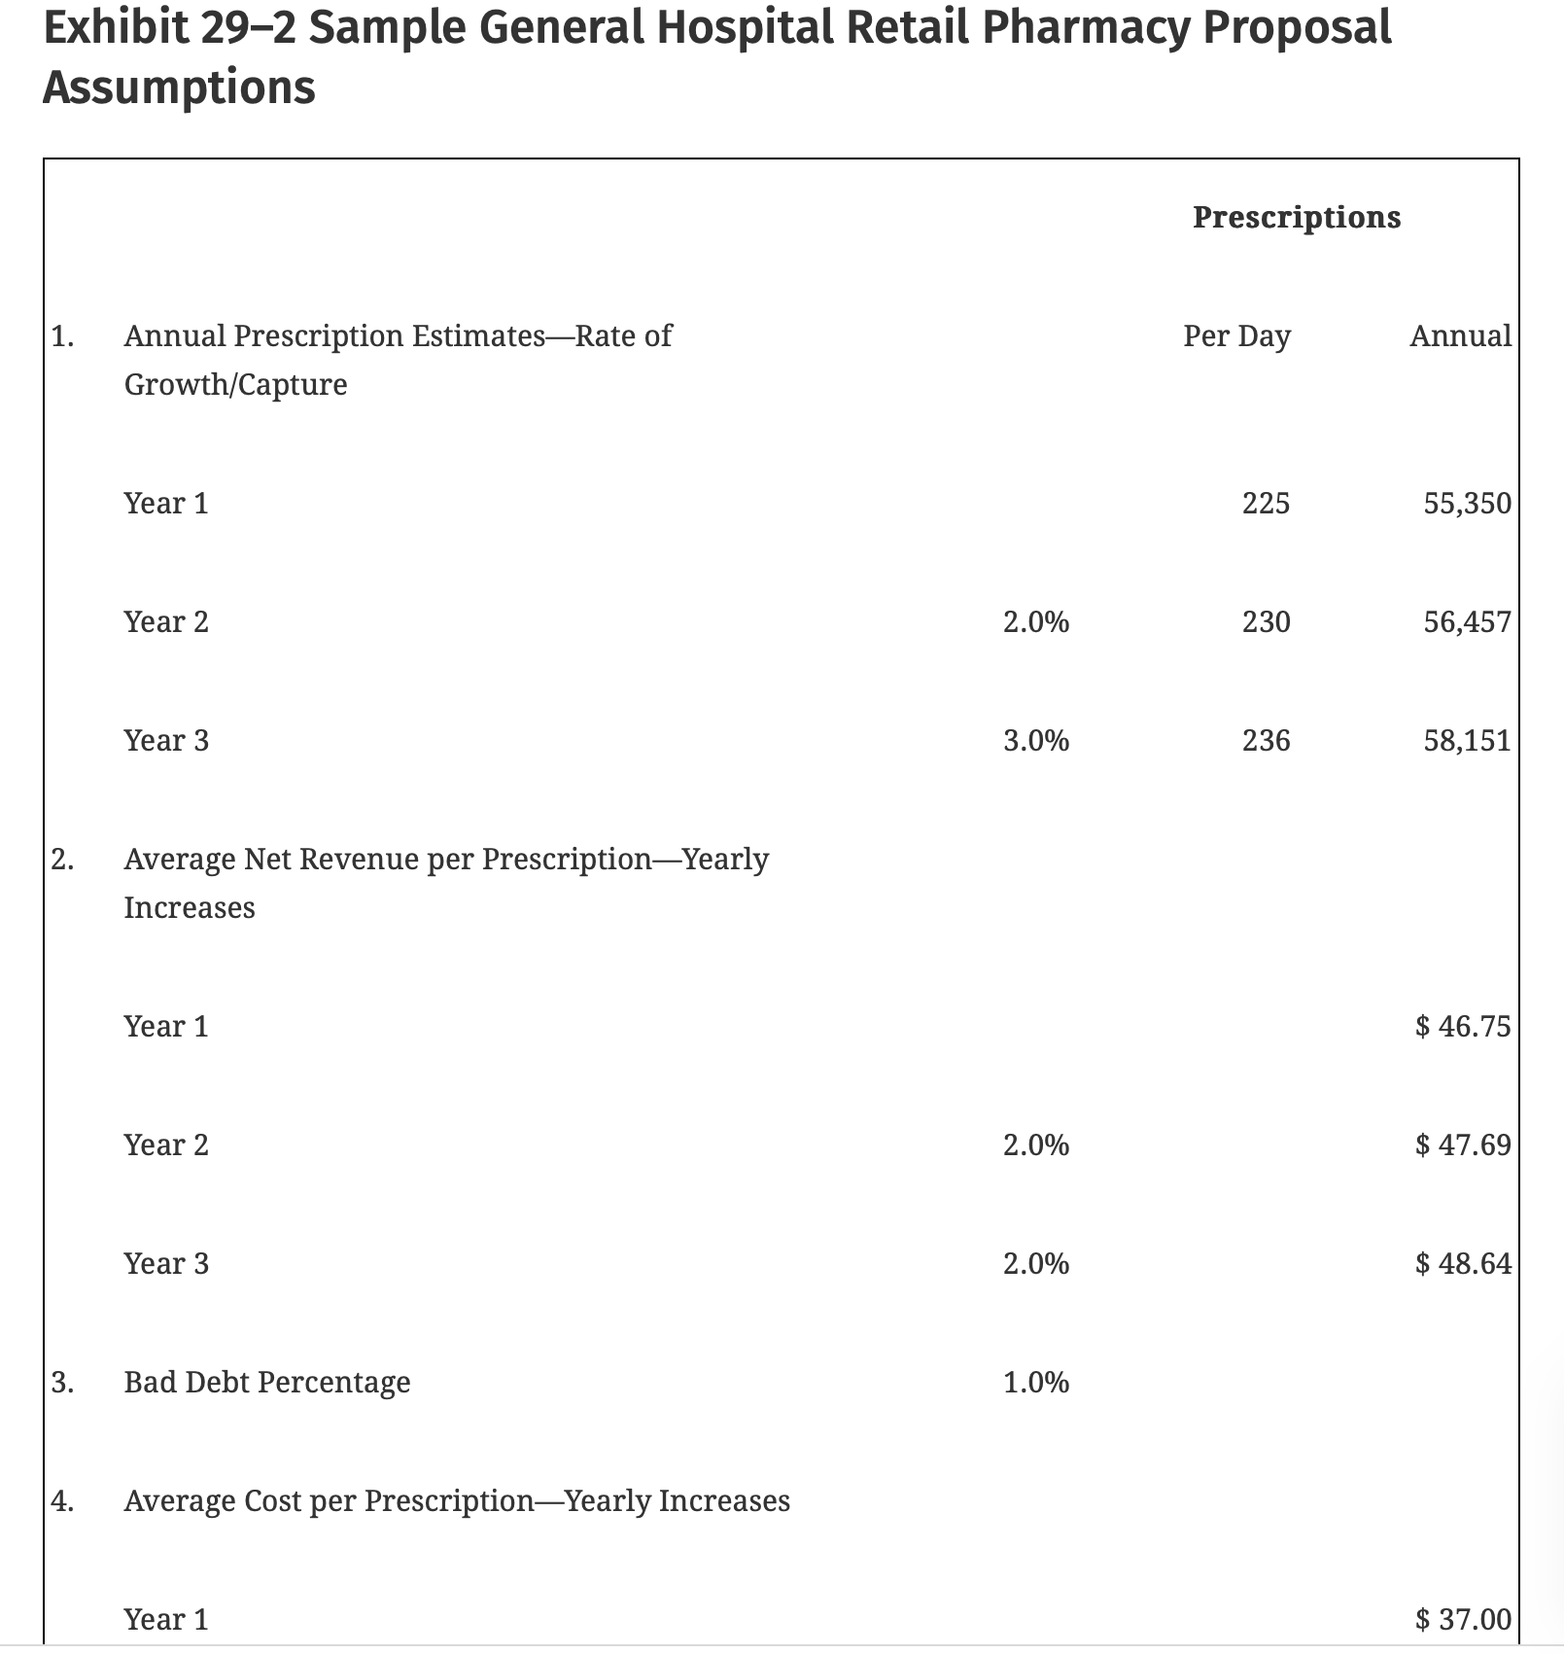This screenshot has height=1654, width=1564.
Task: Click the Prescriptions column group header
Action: [1296, 217]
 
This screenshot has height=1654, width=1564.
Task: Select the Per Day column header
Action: [1236, 336]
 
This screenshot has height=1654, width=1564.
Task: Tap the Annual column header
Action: [1460, 336]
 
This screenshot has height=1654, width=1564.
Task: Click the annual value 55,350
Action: [1467, 504]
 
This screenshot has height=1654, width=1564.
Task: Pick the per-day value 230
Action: [1266, 622]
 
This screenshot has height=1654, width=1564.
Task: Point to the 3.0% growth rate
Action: [1035, 741]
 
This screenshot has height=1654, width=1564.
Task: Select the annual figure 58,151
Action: [1467, 741]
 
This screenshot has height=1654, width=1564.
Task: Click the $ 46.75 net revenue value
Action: [1463, 1027]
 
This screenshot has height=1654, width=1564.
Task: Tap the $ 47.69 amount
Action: [1463, 1145]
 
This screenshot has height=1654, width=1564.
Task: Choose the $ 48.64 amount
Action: [1463, 1264]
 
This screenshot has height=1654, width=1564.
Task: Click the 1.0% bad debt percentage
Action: [1035, 1383]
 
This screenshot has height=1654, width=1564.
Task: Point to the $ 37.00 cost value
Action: [1463, 1620]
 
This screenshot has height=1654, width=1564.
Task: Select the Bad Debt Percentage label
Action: [267, 1383]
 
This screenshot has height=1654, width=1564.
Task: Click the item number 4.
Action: [62, 1501]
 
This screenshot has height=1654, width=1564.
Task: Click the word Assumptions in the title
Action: [179, 88]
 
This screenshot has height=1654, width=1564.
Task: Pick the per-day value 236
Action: [1266, 741]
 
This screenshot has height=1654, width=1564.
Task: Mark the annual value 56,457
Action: [1467, 622]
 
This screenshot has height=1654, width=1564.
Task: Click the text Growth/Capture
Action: [235, 385]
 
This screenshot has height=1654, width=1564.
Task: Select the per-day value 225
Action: [1266, 504]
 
